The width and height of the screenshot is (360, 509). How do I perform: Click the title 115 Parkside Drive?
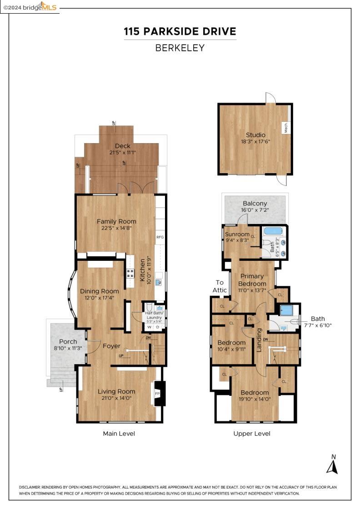180,31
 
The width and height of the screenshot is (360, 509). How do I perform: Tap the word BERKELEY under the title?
180,48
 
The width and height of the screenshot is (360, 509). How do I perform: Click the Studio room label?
255,135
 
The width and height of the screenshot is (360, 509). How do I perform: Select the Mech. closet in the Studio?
286,128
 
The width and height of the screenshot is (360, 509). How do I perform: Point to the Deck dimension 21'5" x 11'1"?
122,153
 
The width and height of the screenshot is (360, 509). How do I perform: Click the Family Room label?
116,221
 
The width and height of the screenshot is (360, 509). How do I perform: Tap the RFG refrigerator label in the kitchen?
160,237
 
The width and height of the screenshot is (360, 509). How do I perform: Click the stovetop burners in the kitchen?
130,273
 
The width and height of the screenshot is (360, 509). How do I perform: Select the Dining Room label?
100,291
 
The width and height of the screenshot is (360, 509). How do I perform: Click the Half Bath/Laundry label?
155,315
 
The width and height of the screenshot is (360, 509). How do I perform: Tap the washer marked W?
150,327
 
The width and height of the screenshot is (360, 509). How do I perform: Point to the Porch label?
68,341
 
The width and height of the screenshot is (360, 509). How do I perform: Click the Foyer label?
111,346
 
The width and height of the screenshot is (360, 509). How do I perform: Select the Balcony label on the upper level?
255,204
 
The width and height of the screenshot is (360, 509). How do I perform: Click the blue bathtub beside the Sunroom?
273,231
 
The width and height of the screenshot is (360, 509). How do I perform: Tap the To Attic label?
220,286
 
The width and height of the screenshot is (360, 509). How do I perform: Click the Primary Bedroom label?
252,280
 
